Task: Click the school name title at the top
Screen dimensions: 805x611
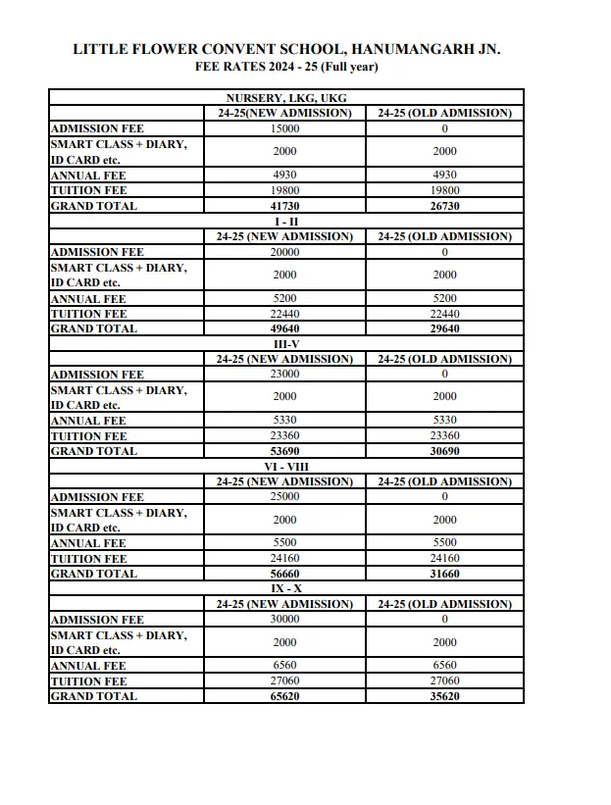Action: [x=286, y=49]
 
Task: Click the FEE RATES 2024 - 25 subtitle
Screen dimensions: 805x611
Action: [x=286, y=67]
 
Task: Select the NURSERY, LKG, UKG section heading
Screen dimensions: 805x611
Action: [x=285, y=98]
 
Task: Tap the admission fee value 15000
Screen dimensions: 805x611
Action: [x=285, y=128]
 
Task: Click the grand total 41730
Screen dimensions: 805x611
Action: [x=285, y=206]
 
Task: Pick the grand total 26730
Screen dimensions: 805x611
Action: [x=444, y=206]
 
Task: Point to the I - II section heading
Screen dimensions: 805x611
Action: [x=285, y=222]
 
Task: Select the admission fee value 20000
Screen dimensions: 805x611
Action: [x=285, y=252]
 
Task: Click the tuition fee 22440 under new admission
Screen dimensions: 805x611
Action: [x=285, y=314]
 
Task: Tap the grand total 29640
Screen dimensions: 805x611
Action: [x=444, y=328]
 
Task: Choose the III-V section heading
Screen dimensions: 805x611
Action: [x=285, y=344]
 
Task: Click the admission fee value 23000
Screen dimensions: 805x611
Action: [x=285, y=375]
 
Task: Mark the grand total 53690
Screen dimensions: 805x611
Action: [x=285, y=451]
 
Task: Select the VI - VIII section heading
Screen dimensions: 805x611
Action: [x=285, y=467]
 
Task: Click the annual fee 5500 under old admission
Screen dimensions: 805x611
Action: [x=444, y=543]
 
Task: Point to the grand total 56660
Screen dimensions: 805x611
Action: [x=285, y=574]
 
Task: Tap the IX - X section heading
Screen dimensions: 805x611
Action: [x=285, y=589]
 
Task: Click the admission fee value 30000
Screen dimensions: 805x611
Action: [x=285, y=620]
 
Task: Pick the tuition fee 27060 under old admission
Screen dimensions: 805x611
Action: [x=444, y=680]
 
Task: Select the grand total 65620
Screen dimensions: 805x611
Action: [x=285, y=696]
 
